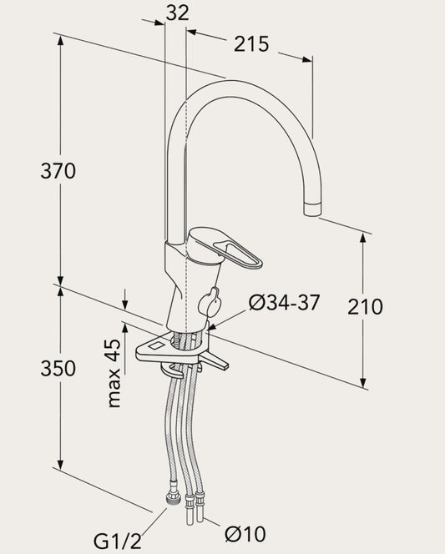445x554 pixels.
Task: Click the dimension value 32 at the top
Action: pyautogui.click(x=178, y=13)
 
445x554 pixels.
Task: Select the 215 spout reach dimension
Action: pyautogui.click(x=251, y=44)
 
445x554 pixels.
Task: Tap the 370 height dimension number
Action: pyautogui.click(x=58, y=171)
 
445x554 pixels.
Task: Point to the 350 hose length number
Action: pyautogui.click(x=58, y=368)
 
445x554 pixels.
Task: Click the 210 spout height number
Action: pyautogui.click(x=365, y=307)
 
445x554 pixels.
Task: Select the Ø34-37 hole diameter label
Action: pyautogui.click(x=284, y=302)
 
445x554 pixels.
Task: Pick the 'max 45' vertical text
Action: pyautogui.click(x=114, y=373)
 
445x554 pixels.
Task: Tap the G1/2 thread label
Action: pyautogui.click(x=118, y=541)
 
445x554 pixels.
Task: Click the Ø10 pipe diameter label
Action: pyautogui.click(x=245, y=534)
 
